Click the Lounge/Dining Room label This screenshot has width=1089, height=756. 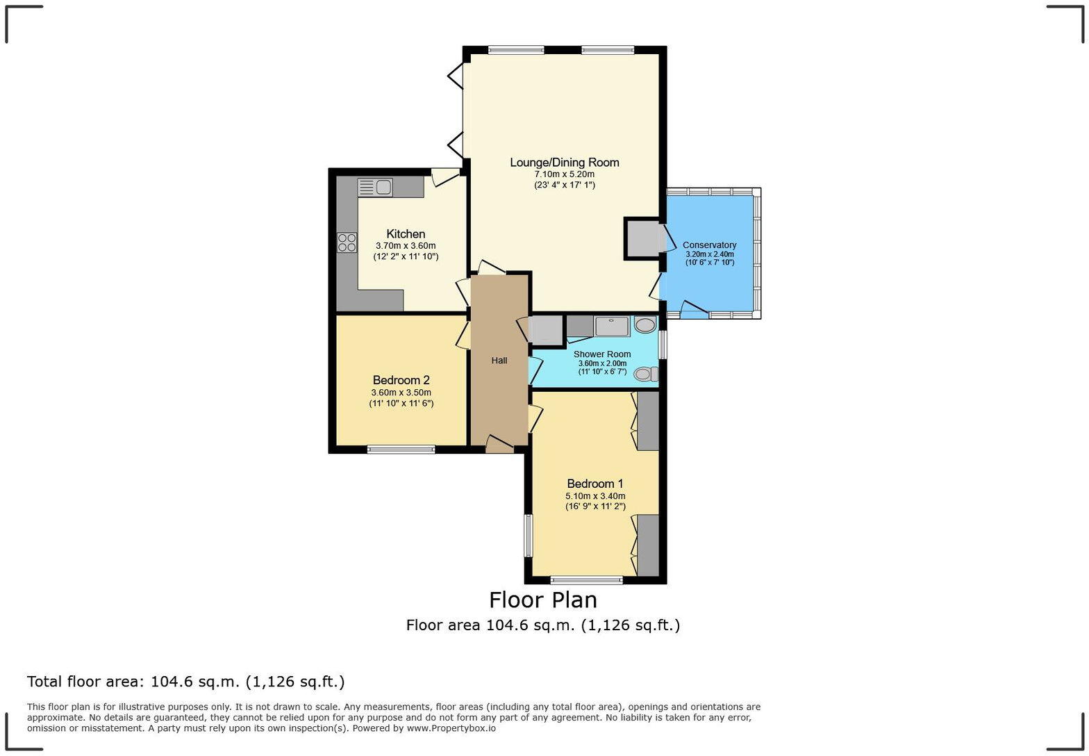[x=564, y=163]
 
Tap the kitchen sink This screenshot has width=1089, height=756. [x=375, y=187]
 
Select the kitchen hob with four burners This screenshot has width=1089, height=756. [x=347, y=243]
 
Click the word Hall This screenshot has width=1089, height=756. [x=499, y=361]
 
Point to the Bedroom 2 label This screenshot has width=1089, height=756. [x=401, y=380]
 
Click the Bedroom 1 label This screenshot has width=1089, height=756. [x=595, y=484]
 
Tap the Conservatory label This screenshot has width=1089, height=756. [x=709, y=245]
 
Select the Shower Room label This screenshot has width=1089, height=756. [x=601, y=354]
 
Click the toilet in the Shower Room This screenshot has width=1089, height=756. [x=645, y=375]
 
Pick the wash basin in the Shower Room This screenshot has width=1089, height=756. [x=645, y=324]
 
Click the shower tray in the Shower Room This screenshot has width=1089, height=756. [x=611, y=326]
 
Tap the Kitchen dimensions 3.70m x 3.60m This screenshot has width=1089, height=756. [x=405, y=246]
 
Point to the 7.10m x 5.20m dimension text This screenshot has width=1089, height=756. [x=564, y=174]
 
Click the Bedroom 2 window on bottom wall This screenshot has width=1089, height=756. [x=401, y=450]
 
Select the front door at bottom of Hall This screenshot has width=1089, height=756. [x=499, y=445]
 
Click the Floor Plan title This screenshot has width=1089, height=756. [x=542, y=600]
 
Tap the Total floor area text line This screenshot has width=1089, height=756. [x=185, y=682]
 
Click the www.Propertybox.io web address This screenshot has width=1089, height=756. [x=451, y=728]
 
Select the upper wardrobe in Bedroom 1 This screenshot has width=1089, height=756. [x=647, y=421]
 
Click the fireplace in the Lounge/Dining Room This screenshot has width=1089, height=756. [x=642, y=238]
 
